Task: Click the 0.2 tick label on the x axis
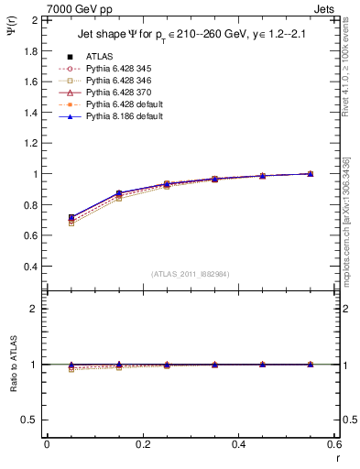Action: [x=142, y=443]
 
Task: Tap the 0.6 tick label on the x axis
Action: [x=334, y=443]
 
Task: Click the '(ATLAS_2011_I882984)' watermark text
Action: [x=191, y=274]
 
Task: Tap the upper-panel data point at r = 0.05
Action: [x=71, y=218]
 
